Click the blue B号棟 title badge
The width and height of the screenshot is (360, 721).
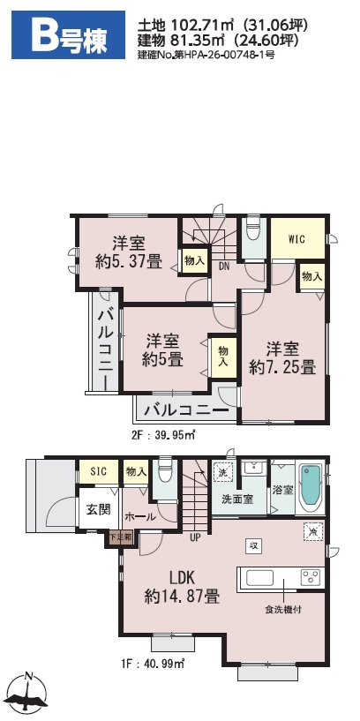click(68, 35)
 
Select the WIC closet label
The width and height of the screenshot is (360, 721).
click(297, 239)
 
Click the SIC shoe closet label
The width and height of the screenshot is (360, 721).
click(98, 471)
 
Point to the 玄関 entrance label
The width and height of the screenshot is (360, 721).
click(98, 509)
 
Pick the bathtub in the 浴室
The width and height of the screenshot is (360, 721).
click(311, 488)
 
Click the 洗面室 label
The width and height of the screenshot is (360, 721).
click(237, 499)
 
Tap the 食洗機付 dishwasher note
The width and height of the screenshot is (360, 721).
click(283, 610)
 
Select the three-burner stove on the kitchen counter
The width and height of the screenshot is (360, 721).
click(311, 577)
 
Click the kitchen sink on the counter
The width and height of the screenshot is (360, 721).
click(260, 578)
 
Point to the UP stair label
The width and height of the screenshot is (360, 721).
click(195, 537)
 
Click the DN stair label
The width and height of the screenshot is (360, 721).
click(224, 266)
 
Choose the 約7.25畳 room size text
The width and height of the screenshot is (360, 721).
click(282, 367)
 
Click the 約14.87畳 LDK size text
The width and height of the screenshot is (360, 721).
click(182, 597)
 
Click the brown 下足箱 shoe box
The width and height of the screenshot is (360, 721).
click(121, 537)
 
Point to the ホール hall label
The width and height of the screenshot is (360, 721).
click(139, 517)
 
